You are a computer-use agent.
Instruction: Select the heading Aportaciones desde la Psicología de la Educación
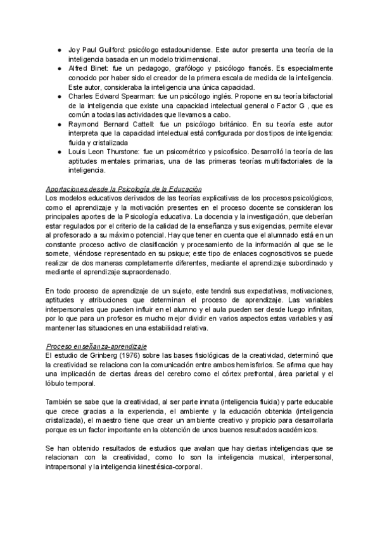(x=124, y=189)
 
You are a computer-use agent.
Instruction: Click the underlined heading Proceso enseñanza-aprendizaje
(x=97, y=346)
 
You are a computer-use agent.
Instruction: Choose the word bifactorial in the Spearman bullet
(x=307, y=96)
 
